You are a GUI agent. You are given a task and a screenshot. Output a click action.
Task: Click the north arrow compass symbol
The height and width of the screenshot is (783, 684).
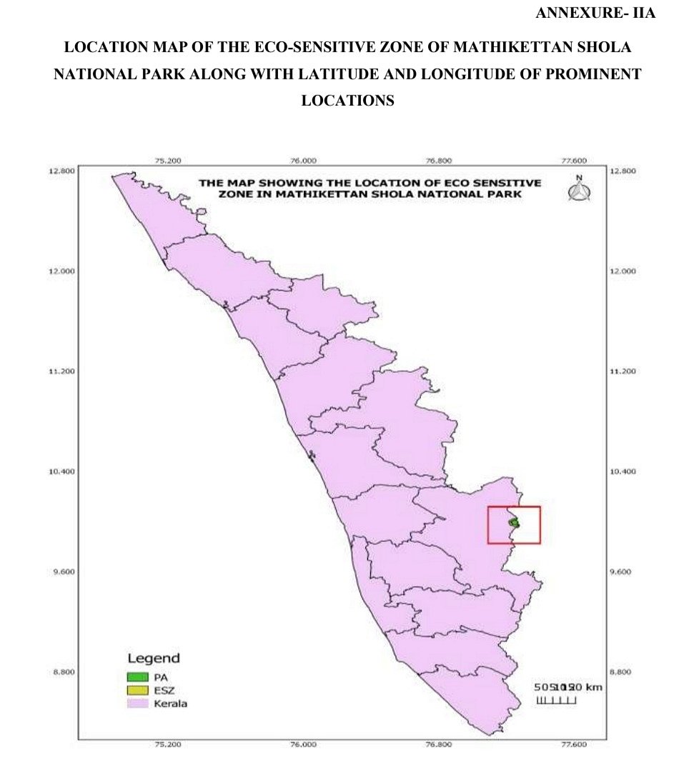[x=579, y=189]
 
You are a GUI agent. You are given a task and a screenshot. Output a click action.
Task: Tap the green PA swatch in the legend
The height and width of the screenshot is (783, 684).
[x=137, y=676]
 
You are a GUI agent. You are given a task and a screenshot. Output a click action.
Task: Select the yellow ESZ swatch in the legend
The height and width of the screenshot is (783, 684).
[x=137, y=689]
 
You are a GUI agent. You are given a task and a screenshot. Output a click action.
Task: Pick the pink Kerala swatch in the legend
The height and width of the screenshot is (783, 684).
[x=137, y=703]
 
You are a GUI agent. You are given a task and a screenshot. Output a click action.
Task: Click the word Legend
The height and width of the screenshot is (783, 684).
[x=153, y=658]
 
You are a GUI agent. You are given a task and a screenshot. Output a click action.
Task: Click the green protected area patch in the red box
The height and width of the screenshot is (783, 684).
[x=513, y=523]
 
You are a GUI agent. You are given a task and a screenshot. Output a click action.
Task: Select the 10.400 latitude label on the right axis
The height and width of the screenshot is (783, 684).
[x=623, y=472]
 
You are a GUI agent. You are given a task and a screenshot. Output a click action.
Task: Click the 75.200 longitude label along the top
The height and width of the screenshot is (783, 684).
[x=168, y=161]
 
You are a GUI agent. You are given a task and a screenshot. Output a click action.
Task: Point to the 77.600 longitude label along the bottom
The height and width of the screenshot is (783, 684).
[x=574, y=744]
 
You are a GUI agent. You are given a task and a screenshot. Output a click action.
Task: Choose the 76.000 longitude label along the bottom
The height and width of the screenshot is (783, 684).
[x=303, y=744]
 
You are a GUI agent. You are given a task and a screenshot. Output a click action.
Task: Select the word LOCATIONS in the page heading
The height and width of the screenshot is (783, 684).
[x=347, y=101]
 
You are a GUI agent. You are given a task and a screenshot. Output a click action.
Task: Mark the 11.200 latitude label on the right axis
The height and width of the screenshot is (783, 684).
[x=623, y=371]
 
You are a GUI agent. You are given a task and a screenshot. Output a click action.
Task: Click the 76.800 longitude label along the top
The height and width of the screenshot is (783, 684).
[x=439, y=161]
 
